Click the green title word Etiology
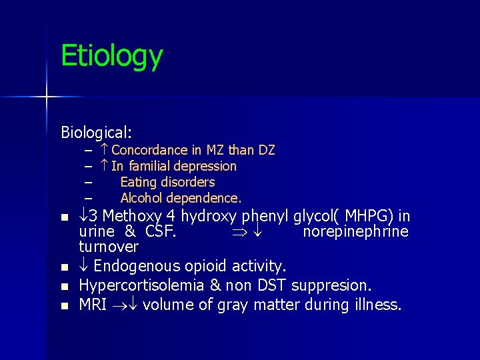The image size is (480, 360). pos(111,57)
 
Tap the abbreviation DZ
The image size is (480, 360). pos(266,150)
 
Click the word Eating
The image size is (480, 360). pos(139,182)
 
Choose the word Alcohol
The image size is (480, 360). pos(141,198)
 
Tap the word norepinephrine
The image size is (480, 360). pos(355,231)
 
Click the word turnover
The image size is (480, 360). pos(108,247)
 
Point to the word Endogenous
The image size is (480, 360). pos(133,266)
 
